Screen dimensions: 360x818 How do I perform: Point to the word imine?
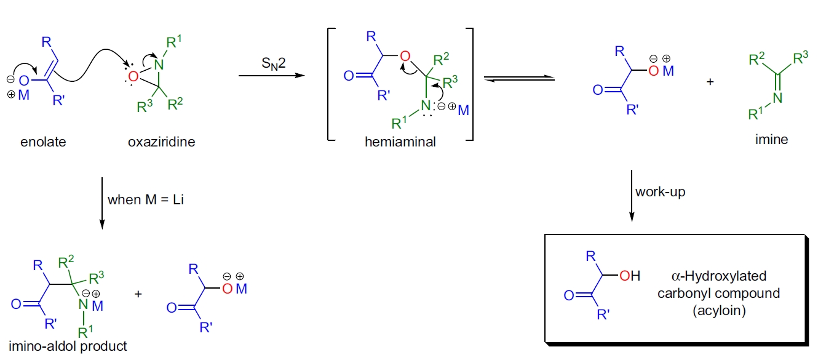(772, 140)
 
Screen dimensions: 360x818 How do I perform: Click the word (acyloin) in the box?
(718, 311)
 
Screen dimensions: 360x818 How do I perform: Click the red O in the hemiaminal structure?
(404, 57)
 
